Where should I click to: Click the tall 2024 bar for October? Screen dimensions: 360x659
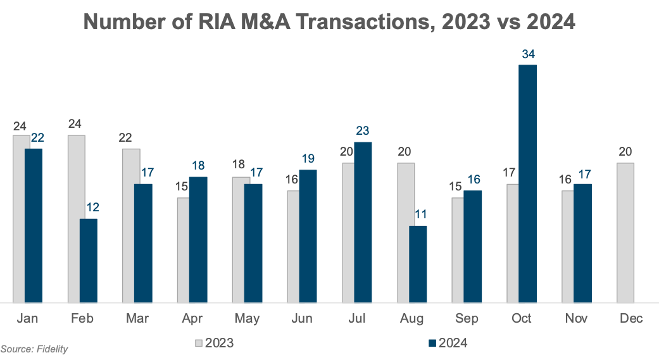tap(527, 183)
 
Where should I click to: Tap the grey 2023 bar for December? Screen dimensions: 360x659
tap(625, 233)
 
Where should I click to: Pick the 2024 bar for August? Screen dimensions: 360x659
tap(418, 264)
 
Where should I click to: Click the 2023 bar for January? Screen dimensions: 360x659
tap(22, 219)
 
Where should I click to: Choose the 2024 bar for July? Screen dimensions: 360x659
tap(363, 222)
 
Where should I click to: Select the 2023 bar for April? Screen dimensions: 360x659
tap(182, 250)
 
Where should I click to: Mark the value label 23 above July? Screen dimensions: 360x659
tap(363, 131)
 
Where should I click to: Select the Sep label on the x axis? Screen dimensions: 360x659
tap(467, 319)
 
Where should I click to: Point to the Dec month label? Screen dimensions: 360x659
tap(631, 319)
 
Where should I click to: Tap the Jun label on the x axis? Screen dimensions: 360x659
tap(301, 319)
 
